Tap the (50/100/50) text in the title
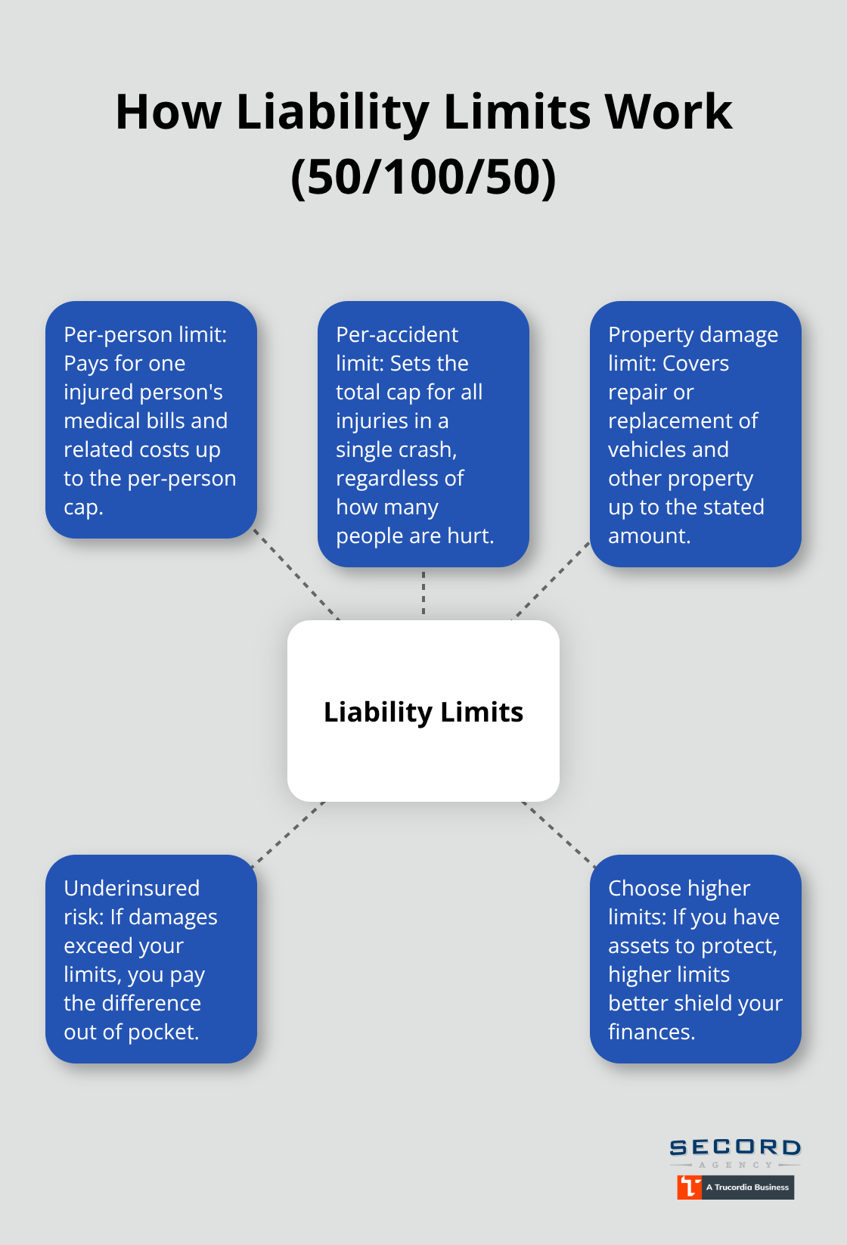pyautogui.click(x=423, y=177)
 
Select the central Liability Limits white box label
pyautogui.click(x=423, y=712)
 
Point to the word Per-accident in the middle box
pyautogui.click(x=397, y=334)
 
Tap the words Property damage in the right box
pyautogui.click(x=693, y=334)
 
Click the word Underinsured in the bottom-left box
pyautogui.click(x=132, y=888)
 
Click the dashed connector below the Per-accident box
pyautogui.click(x=423, y=593)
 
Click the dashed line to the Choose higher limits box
pyautogui.click(x=558, y=831)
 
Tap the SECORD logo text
pyautogui.click(x=735, y=1147)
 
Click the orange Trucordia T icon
pyautogui.click(x=689, y=1187)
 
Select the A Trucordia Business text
pyautogui.click(x=747, y=1188)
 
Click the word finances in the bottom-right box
pyautogui.click(x=650, y=1032)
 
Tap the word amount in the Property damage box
pyautogui.click(x=648, y=536)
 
